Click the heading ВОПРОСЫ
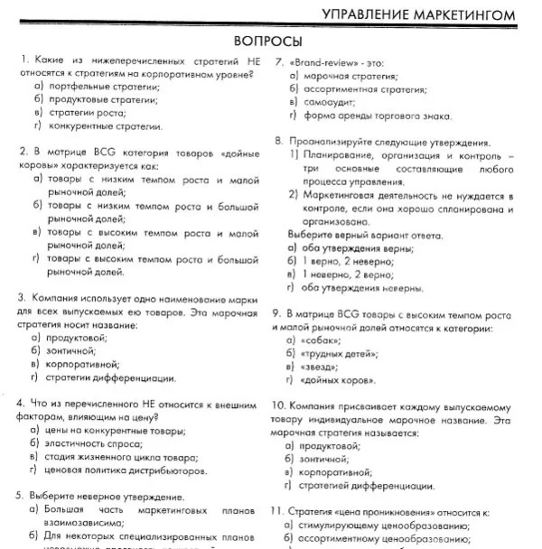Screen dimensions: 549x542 [267, 42]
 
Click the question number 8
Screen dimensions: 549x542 [278, 142]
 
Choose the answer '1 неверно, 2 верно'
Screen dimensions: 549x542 [347, 274]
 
